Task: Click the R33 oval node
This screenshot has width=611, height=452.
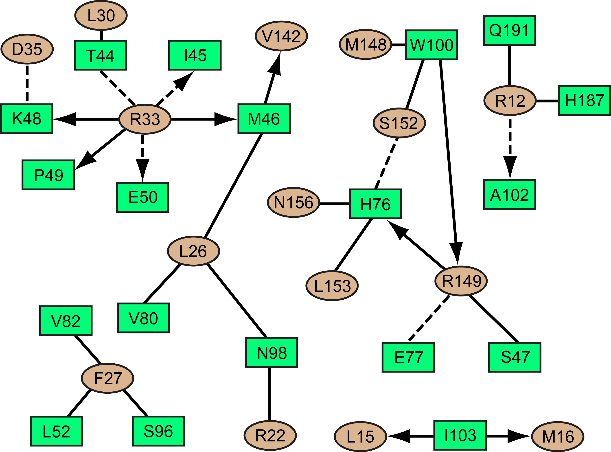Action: (145, 119)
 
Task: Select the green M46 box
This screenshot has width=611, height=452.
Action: (264, 119)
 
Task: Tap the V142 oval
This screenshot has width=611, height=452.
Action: (281, 36)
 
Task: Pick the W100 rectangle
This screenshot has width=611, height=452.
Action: (431, 45)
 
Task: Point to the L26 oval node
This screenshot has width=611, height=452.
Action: (193, 251)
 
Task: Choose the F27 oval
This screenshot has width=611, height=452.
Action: (107, 378)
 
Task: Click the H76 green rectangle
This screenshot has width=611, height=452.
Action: (375, 204)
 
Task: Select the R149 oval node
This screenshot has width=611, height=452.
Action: (461, 281)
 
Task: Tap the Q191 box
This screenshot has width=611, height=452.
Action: (509, 30)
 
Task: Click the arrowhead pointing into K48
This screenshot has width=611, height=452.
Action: (64, 119)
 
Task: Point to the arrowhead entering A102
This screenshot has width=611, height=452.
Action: (510, 167)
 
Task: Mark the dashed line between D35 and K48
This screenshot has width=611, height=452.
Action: (27, 83)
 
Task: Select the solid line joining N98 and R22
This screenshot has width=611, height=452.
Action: (270, 394)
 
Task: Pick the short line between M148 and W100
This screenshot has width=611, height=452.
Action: (398, 45)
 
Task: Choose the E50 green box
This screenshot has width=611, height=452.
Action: (142, 197)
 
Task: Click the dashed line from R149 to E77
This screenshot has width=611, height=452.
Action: (429, 318)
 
